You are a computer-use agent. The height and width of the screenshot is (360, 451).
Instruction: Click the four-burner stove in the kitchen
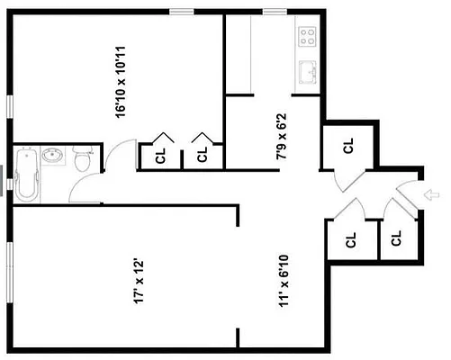[x=307, y=36]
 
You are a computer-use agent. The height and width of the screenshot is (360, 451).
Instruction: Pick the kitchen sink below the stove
[x=307, y=70]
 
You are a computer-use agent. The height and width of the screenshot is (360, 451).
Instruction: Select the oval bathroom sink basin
[x=52, y=156]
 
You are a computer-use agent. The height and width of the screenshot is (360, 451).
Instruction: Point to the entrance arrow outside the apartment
[x=430, y=193]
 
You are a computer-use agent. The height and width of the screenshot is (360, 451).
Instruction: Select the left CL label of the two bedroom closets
[x=161, y=154]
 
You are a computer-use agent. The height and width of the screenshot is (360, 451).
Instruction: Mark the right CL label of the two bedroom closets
[x=203, y=154]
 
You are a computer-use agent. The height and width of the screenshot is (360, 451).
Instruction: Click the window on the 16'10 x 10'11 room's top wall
[x=183, y=11]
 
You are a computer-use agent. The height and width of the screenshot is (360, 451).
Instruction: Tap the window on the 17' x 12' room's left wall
[x=11, y=270]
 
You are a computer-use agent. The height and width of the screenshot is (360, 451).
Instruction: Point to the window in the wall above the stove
[x=275, y=11]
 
